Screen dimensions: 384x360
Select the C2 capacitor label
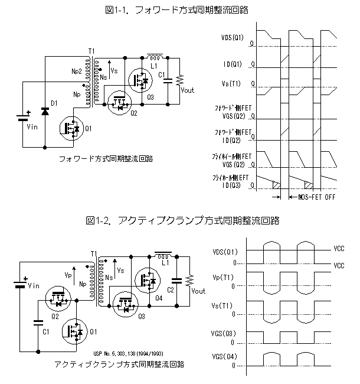tap(170, 289)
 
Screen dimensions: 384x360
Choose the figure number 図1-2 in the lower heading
tap(98, 220)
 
